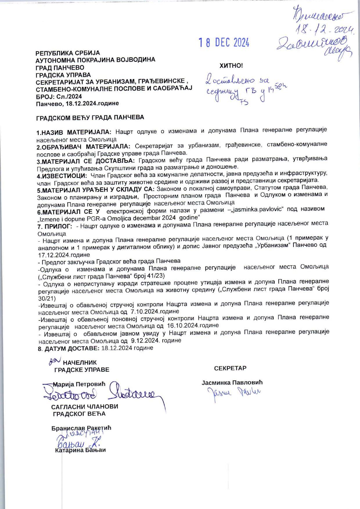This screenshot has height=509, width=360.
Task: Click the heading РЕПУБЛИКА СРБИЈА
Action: pyautogui.click(x=68, y=53)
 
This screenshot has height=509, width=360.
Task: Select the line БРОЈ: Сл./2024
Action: pyautogui.click(x=59, y=96)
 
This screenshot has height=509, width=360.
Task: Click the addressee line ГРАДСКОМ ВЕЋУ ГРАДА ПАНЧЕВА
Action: pyautogui.click(x=90, y=118)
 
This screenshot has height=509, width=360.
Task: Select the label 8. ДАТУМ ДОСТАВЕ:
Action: pyautogui.click(x=69, y=348)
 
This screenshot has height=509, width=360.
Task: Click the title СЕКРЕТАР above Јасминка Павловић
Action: pyautogui.click(x=230, y=368)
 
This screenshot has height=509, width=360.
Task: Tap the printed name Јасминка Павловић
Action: pyautogui.click(x=232, y=382)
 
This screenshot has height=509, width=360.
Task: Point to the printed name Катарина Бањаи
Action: pyautogui.click(x=80, y=450)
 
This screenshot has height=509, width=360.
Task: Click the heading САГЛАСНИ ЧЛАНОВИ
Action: pyautogui.click(x=85, y=407)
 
